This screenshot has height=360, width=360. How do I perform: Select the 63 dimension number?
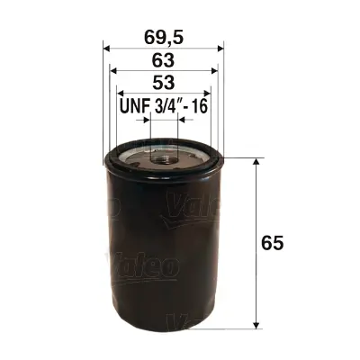(x=164, y=61)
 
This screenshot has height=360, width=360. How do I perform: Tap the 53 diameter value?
(x=164, y=84)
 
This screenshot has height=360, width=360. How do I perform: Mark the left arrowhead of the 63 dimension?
(x=113, y=73)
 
